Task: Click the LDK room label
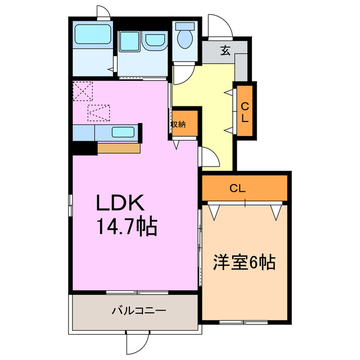click(123, 202)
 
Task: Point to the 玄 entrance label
click(225, 51)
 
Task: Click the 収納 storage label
click(178, 124)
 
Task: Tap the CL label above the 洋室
click(238, 189)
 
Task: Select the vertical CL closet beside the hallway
click(245, 110)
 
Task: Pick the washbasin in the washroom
click(154, 41)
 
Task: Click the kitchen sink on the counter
click(123, 133)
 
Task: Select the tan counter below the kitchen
click(119, 148)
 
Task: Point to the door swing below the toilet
click(183, 73)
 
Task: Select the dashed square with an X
click(83, 90)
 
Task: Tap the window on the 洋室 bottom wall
click(243, 322)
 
